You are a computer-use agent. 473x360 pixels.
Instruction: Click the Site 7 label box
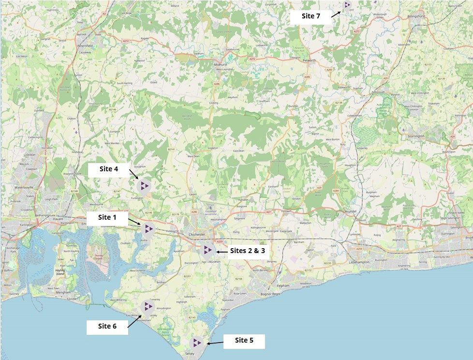pos(310,16)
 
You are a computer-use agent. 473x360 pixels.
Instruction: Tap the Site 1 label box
pos(107,218)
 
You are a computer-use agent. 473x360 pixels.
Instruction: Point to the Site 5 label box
pos(244,341)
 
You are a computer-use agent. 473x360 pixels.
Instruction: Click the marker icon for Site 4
pos(144,185)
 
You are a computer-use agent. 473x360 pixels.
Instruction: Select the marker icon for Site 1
pos(148,229)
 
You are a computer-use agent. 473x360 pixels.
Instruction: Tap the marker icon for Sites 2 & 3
pos(207,250)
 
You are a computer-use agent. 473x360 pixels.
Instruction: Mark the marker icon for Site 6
pos(147,306)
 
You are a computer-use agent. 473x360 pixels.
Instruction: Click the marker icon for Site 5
pos(196,343)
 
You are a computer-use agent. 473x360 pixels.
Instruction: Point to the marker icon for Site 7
pos(347,5)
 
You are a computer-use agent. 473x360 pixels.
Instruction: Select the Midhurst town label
pos(221,64)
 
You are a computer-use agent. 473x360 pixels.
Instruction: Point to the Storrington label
pos(414,136)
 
